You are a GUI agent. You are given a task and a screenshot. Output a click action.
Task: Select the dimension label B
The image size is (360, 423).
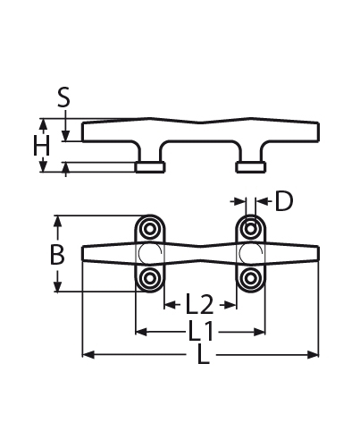56,255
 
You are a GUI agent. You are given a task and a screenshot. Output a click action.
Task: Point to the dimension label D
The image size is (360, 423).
283,200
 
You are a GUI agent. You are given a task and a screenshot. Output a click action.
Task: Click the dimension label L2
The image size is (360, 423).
200,303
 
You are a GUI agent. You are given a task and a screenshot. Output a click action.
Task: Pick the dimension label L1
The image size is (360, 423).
200,332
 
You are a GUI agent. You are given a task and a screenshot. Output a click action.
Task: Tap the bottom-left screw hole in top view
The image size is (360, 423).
149,279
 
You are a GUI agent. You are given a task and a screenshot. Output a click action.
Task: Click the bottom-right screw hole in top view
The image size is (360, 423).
250,279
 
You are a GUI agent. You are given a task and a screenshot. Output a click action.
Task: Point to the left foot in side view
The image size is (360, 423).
149,166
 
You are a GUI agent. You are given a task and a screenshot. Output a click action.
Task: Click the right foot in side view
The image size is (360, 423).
249,166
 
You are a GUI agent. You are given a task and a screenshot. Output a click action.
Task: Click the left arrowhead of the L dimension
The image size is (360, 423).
86,355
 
